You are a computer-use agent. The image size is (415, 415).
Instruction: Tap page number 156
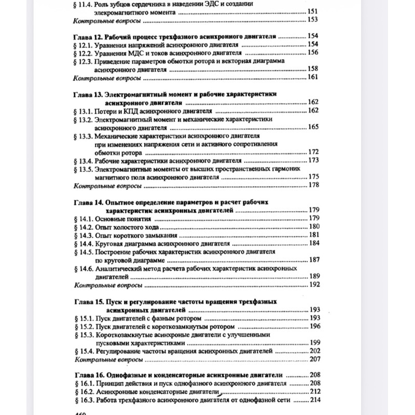312,53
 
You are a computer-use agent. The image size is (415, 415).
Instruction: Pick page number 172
313,153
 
